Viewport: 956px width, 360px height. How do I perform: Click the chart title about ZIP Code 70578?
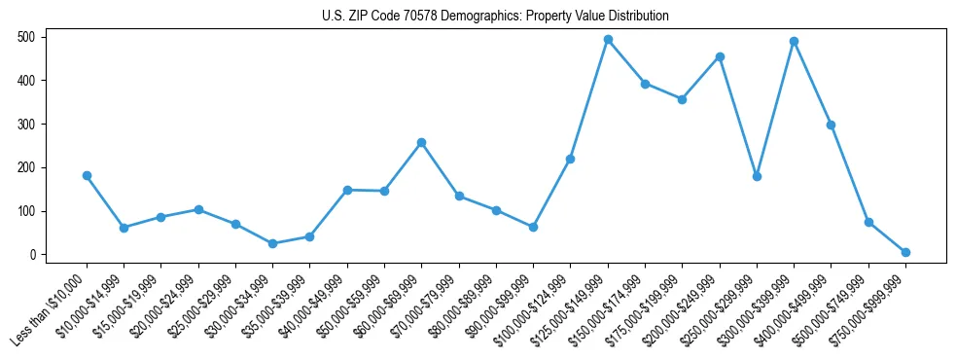495,17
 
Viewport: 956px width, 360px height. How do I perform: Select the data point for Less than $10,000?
87,176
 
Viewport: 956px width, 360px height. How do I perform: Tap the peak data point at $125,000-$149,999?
608,40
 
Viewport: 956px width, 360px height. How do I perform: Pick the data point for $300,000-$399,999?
795,42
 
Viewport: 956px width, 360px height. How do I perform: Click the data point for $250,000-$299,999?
757,176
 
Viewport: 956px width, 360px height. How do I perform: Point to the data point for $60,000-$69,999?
421,143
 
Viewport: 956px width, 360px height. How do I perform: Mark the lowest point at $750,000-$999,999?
905,252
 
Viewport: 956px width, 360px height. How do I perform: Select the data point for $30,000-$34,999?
272,243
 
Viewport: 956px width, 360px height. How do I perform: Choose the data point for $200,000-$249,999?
720,56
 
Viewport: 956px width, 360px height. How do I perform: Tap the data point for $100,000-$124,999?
570,159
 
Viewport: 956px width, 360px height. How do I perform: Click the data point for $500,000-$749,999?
868,222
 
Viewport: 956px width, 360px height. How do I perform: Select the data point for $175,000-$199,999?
682,99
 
